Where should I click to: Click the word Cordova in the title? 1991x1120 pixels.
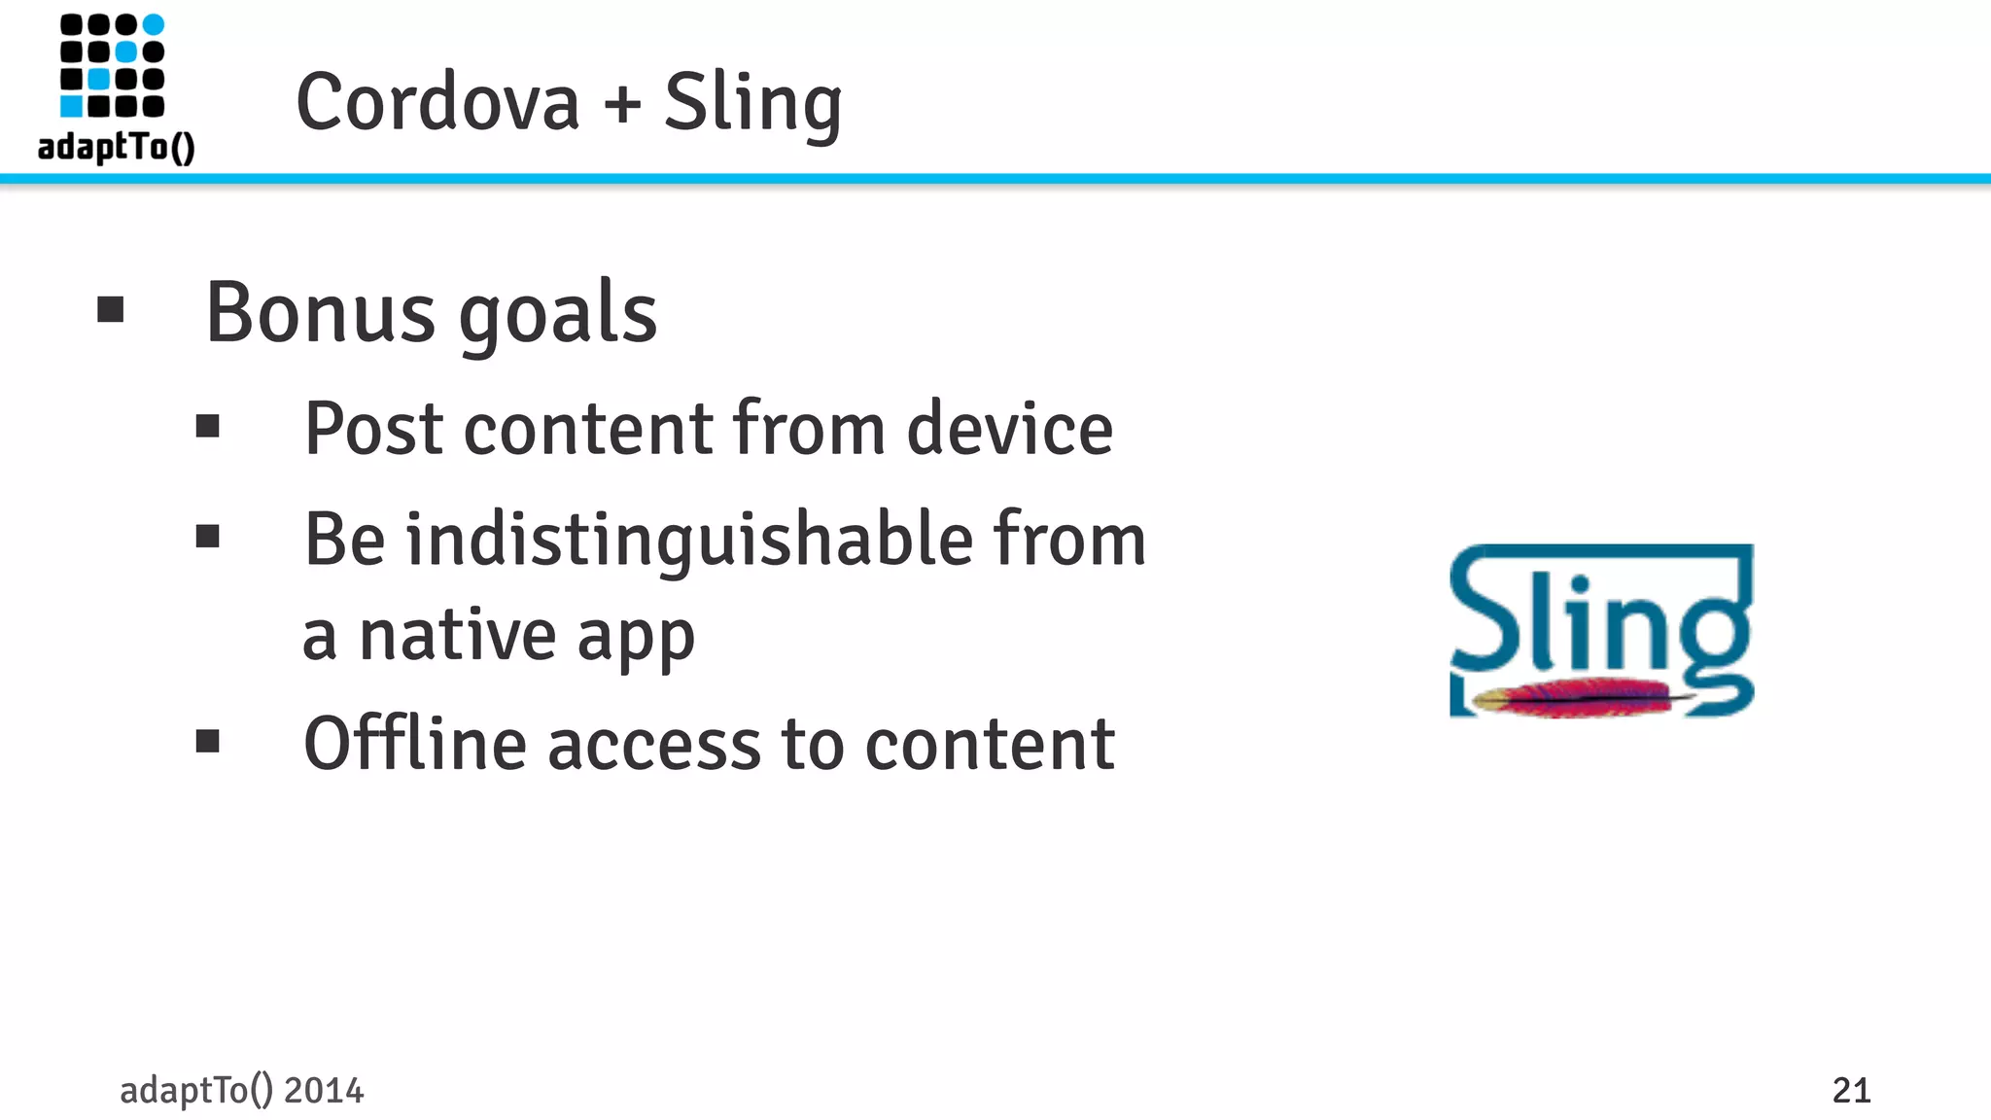point(437,102)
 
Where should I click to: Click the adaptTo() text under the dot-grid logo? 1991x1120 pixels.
point(116,147)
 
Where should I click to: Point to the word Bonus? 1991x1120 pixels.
point(321,313)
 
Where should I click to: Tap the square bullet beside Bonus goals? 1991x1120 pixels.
point(111,310)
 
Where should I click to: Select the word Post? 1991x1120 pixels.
point(374,429)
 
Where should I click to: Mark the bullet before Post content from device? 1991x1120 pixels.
point(208,426)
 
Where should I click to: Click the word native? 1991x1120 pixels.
point(457,636)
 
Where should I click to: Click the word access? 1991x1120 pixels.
point(654,747)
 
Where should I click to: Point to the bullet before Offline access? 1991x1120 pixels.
point(208,742)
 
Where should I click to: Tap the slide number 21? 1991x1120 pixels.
point(1851,1091)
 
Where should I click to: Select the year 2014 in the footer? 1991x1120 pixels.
point(324,1091)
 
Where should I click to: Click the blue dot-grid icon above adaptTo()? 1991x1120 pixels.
point(112,65)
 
